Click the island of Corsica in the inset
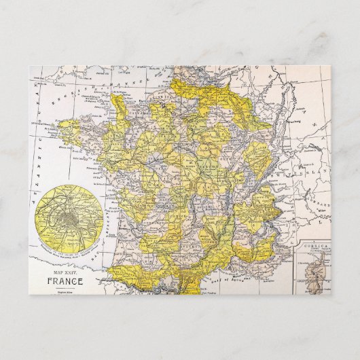(x=316, y=269)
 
